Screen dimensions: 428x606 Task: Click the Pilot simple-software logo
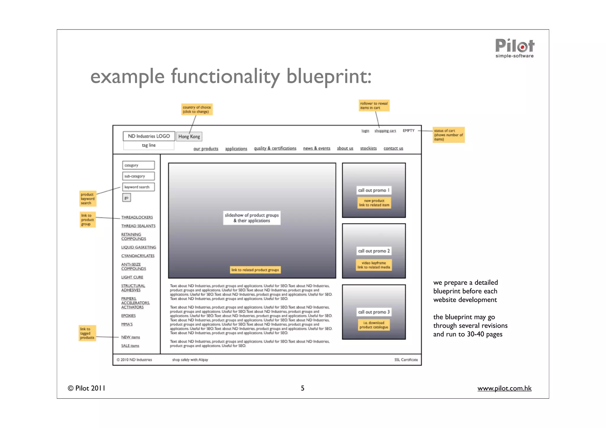tap(515, 48)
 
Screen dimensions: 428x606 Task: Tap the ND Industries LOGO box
tap(149, 136)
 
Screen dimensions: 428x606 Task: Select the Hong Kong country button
tap(189, 136)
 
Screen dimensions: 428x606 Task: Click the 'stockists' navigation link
tap(368, 148)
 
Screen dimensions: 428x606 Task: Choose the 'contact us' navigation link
tap(393, 148)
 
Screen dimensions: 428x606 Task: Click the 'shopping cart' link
tap(385, 131)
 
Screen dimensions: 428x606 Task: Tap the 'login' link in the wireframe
tap(365, 131)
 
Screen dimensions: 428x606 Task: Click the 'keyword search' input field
tap(138, 187)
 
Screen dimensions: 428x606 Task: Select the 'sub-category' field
tap(138, 176)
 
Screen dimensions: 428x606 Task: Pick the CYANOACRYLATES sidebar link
tap(138, 256)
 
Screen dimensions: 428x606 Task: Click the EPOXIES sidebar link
tap(128, 316)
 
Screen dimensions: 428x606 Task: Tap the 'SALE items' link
tap(130, 346)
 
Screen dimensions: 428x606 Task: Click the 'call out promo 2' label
tap(374, 251)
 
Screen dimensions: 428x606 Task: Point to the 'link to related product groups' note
tap(255, 270)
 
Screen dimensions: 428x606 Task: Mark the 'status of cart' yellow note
tap(448, 135)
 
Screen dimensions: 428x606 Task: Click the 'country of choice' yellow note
tap(197, 109)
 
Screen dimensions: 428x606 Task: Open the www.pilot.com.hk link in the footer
tap(504, 388)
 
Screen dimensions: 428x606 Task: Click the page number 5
tap(302, 388)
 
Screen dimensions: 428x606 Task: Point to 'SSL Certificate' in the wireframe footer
tap(406, 360)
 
